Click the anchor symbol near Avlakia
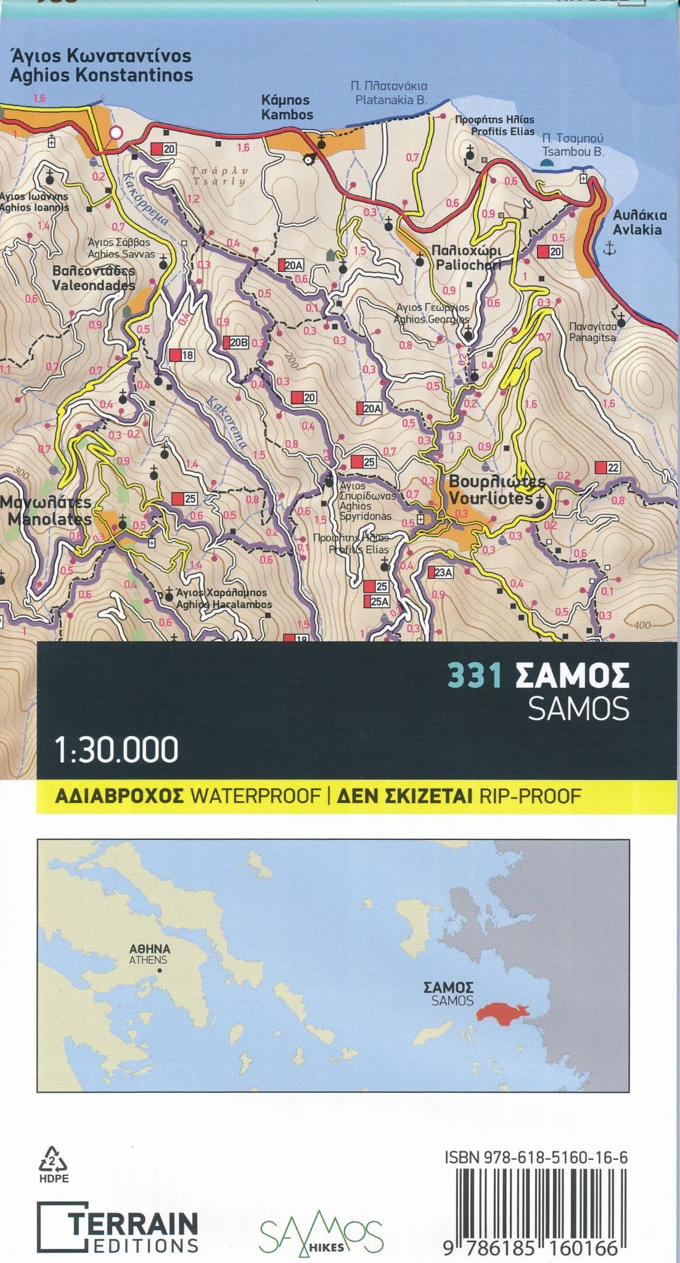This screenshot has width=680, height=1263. point(608,249)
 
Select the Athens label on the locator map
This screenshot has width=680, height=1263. point(150,954)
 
